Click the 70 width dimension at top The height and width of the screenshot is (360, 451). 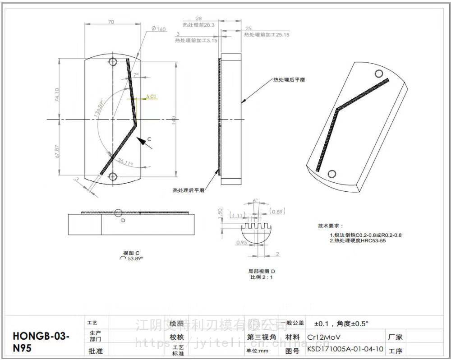pos(111,21)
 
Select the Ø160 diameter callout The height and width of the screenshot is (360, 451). pos(158,29)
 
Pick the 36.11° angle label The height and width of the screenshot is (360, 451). pos(126,161)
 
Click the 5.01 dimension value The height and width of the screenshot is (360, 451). pos(151,96)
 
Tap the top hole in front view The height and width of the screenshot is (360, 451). pos(112,61)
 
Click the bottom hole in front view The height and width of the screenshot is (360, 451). pos(113,176)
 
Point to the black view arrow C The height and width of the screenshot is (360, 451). pos(144,142)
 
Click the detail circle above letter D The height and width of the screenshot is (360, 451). pos(118,212)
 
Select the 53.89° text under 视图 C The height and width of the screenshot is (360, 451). pos(135,258)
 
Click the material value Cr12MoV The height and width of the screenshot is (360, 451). pos(323,337)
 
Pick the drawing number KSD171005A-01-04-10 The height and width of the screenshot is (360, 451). pos(345,349)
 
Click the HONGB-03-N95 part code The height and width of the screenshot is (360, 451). pos(41,342)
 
